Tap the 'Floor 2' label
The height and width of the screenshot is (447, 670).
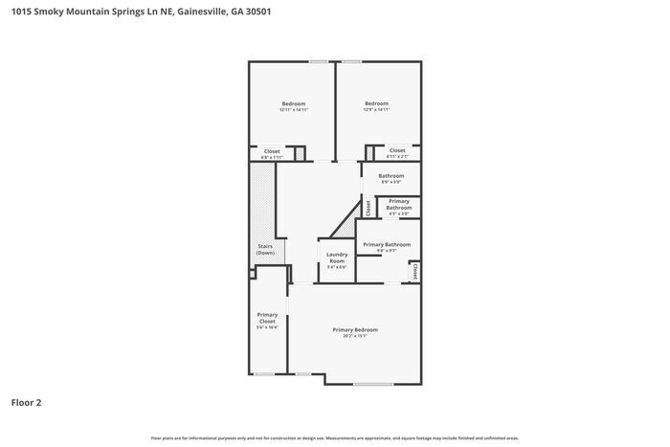(x=27, y=403)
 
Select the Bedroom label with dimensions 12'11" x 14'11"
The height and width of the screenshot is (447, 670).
(x=293, y=107)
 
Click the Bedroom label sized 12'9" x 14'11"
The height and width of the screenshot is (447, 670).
(x=376, y=106)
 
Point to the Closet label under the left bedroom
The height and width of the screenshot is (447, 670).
(x=272, y=152)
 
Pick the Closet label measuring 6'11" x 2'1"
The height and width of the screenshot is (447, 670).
(x=396, y=152)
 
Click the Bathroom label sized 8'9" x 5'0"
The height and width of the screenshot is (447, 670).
(x=391, y=178)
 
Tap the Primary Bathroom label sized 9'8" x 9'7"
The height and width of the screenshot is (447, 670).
(x=386, y=247)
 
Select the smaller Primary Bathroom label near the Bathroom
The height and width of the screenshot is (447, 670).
(x=398, y=206)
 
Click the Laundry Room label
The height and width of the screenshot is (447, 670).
(x=337, y=259)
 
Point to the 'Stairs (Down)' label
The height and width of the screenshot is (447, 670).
(x=265, y=249)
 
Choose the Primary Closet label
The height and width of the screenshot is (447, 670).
(x=267, y=320)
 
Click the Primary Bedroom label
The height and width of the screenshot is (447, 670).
(x=355, y=332)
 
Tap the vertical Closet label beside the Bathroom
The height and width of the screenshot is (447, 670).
(x=368, y=206)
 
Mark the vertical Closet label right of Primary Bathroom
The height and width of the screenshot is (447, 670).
(x=414, y=272)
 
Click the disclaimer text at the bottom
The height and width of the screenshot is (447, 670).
(x=334, y=437)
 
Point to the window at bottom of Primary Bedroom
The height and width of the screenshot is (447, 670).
(x=372, y=384)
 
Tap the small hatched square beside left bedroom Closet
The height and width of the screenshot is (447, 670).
(x=299, y=152)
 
